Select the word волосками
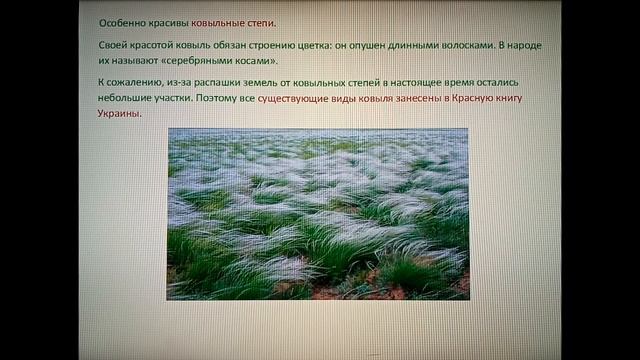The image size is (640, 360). click(x=467, y=47)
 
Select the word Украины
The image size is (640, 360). click(x=120, y=114)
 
